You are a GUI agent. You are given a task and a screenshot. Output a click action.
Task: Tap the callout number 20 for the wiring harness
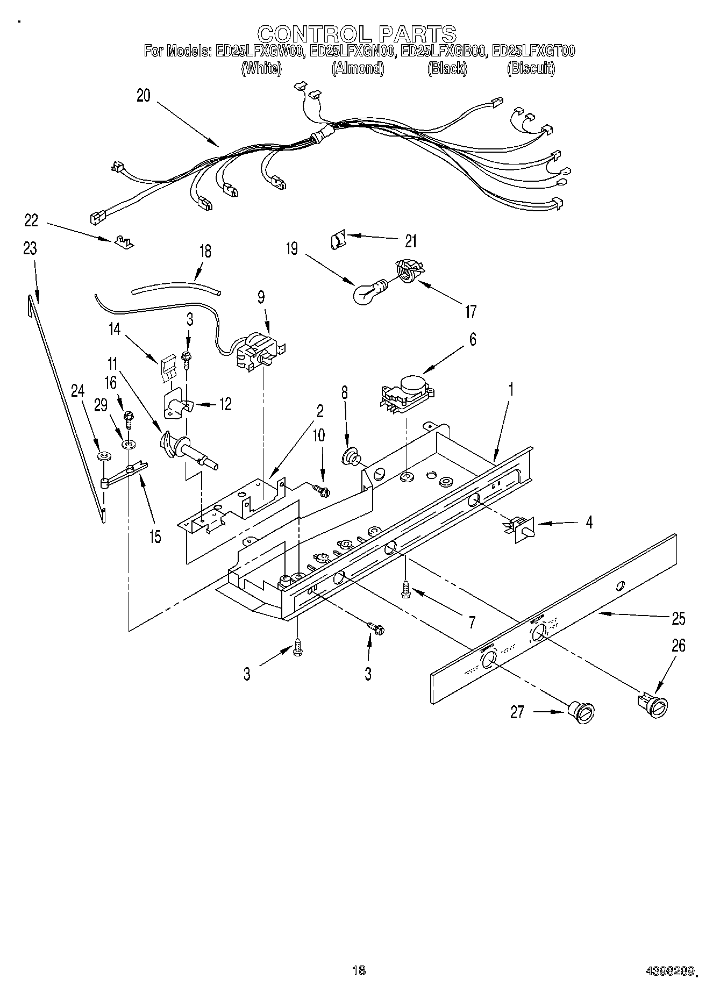click(144, 96)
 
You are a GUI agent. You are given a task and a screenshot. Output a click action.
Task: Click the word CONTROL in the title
click(313, 34)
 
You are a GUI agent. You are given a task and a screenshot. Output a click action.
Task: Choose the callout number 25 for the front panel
click(679, 618)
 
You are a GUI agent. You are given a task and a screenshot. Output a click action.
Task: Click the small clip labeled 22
click(123, 242)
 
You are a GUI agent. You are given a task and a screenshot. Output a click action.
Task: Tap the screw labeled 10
click(321, 489)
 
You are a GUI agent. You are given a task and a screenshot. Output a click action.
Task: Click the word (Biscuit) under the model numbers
click(531, 69)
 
